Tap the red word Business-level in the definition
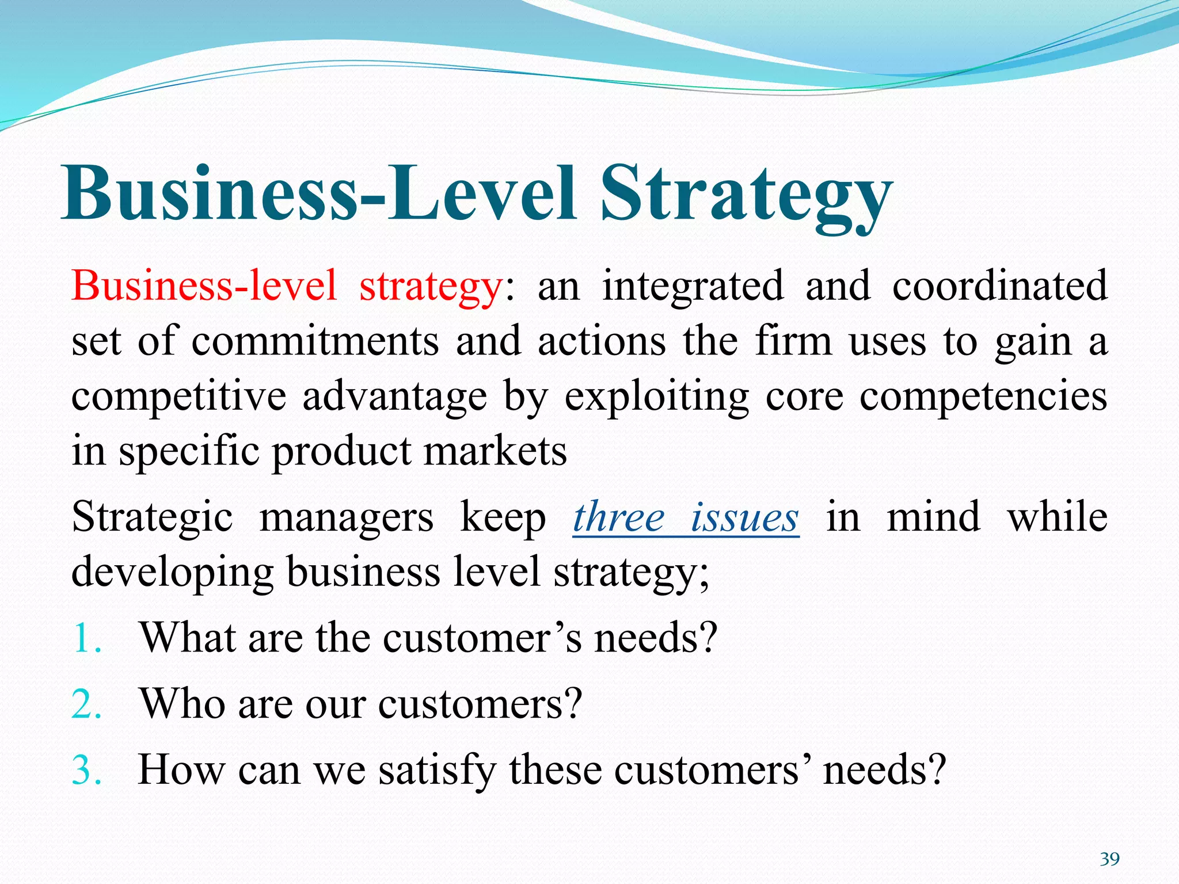(204, 285)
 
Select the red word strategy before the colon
(431, 287)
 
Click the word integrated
(693, 285)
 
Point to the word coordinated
(999, 285)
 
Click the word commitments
(315, 341)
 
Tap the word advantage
(394, 397)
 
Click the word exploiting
(656, 397)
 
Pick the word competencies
(983, 397)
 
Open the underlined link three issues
(686, 517)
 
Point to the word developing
(172, 573)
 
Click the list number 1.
(86, 639)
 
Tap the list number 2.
(86, 704)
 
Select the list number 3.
(86, 770)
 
